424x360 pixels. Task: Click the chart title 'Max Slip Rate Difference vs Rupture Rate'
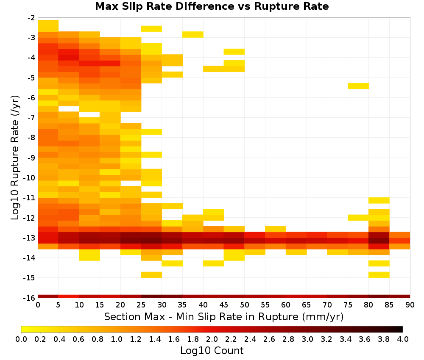click(212, 6)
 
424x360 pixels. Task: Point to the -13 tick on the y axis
click(31, 238)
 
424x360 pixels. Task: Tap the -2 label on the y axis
click(31, 18)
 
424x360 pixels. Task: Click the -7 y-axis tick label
click(31, 118)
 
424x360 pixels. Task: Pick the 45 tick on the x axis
click(224, 305)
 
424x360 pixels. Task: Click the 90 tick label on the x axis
click(410, 305)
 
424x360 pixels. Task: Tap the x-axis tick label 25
click(141, 305)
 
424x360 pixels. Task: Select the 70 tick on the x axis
click(327, 305)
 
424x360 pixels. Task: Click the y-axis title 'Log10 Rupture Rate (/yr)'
click(15, 158)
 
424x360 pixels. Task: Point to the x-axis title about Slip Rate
click(224, 316)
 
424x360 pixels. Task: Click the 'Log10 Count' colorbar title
click(212, 351)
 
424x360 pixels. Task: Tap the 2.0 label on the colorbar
click(212, 339)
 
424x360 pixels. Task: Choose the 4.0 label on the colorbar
click(403, 339)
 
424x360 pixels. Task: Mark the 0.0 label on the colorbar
click(21, 339)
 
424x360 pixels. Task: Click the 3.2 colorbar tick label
click(326, 339)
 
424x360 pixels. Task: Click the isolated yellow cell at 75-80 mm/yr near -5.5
click(358, 86)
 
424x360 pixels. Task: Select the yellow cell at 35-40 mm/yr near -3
click(193, 35)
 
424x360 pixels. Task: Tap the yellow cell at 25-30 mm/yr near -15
click(151, 275)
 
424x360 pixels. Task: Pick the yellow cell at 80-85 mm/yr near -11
click(379, 200)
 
